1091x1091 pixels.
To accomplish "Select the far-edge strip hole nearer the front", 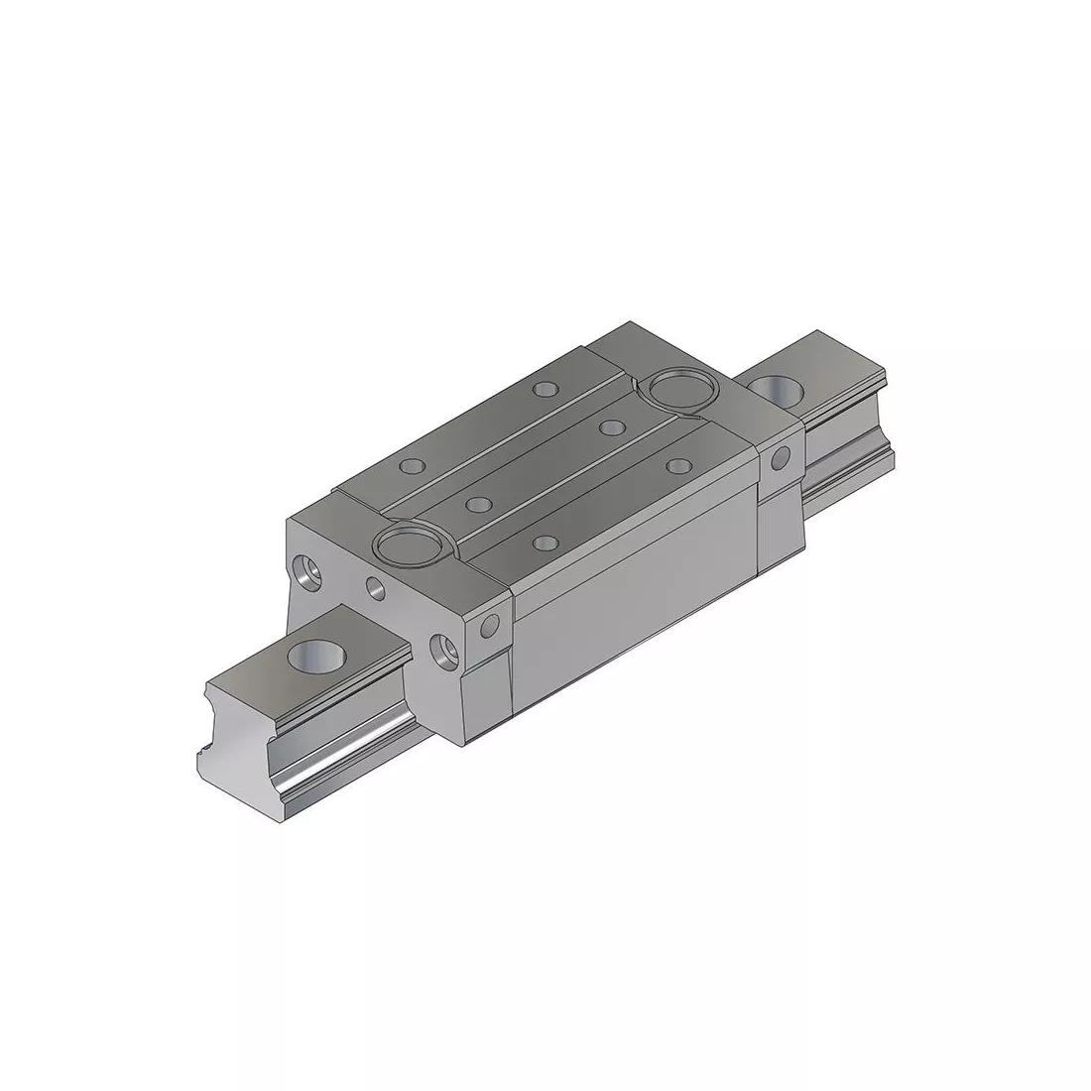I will point(409,465).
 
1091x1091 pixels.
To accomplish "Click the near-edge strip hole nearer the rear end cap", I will point(677,465).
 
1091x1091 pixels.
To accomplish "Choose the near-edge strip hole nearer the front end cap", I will point(544,543).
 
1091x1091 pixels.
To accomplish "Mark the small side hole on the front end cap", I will point(488,627).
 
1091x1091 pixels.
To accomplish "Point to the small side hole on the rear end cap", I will point(781,457).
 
